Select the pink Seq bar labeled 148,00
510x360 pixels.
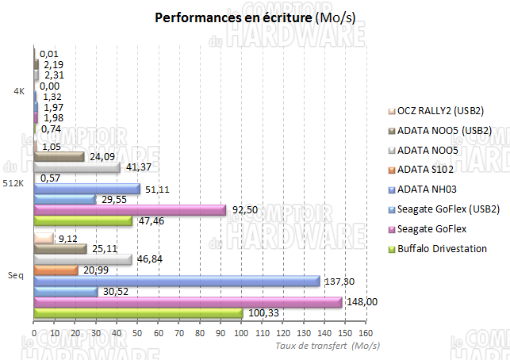(x=189, y=302)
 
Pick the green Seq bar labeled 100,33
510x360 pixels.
(x=139, y=313)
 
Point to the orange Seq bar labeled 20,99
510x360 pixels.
(x=56, y=270)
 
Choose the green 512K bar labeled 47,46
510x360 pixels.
(x=84, y=221)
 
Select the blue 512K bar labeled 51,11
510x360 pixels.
(x=87, y=189)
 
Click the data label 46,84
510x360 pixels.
(x=151, y=259)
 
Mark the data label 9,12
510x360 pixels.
(x=69, y=237)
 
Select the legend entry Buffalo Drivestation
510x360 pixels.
(x=442, y=249)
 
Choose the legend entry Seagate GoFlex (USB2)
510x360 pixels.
(x=448, y=209)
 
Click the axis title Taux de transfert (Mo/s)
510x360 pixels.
(x=327, y=346)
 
